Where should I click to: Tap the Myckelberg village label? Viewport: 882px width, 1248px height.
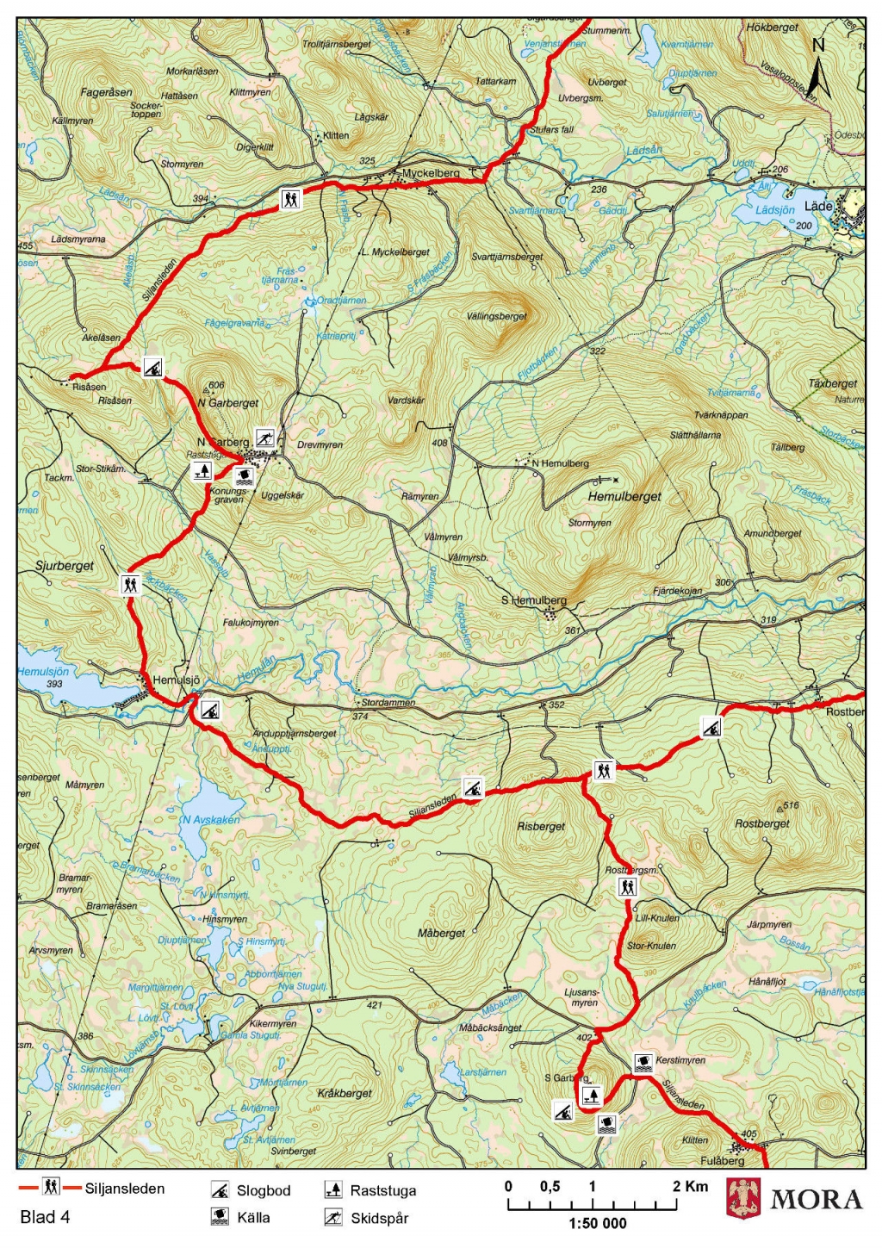coord(431,173)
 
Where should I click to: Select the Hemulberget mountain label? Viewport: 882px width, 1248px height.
coord(624,496)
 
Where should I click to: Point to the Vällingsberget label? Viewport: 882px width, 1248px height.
coord(497,316)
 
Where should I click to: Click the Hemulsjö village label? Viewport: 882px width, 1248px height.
coord(176,680)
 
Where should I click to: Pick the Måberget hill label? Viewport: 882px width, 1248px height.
coord(441,933)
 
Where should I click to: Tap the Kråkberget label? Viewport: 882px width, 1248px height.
coord(345,1093)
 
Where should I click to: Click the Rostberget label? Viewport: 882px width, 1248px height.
coord(762,823)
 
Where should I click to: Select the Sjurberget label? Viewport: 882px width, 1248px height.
coord(65,566)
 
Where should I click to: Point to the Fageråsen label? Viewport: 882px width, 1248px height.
coord(107,92)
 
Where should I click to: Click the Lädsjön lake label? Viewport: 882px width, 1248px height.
coord(774,210)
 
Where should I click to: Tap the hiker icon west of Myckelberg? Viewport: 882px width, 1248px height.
coord(292,199)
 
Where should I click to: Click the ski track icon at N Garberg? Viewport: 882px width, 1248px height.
coord(264,437)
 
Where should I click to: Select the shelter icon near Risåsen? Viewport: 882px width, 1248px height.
coord(152,368)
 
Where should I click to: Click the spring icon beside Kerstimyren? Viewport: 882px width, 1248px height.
coord(643,1062)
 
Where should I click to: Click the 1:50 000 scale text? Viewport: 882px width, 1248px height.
coord(598,1223)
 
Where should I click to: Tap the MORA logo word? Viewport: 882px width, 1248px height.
coord(816,1200)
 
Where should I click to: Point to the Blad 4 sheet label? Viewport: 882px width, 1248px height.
coord(45,1217)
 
